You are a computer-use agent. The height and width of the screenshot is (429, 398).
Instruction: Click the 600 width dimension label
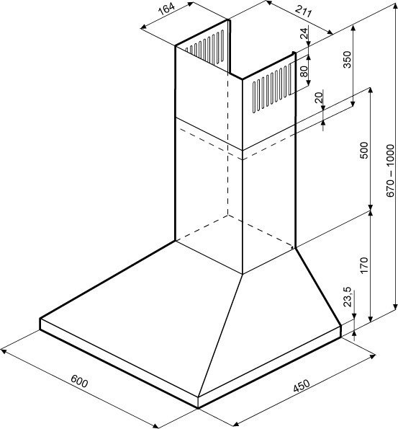(79, 381)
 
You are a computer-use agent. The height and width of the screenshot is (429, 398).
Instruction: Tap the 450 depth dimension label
(302, 386)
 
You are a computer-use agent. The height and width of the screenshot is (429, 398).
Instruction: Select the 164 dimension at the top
(166, 10)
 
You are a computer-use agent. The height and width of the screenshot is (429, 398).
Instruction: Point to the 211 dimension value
(303, 12)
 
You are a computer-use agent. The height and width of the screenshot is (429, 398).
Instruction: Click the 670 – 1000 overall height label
(391, 170)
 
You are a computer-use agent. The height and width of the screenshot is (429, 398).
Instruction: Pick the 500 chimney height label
(364, 150)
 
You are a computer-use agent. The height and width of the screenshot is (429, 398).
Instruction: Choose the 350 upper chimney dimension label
(347, 59)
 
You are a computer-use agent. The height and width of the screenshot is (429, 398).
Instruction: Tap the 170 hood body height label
(364, 265)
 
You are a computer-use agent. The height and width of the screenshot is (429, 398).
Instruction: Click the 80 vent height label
(304, 71)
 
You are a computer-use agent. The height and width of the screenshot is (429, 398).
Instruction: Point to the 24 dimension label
(304, 33)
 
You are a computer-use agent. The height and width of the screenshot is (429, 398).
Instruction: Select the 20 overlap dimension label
(319, 97)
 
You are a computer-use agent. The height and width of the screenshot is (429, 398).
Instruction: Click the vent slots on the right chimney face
(271, 87)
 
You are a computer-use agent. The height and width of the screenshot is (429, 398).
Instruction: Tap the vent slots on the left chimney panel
(204, 48)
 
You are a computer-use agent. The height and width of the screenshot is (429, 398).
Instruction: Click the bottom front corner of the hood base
(198, 408)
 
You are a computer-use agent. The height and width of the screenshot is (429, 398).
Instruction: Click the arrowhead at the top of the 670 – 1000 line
(394, 4)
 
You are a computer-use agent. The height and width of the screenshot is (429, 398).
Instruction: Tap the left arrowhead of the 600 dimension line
(4, 350)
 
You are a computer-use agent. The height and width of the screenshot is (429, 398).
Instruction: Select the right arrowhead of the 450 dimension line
(372, 357)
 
